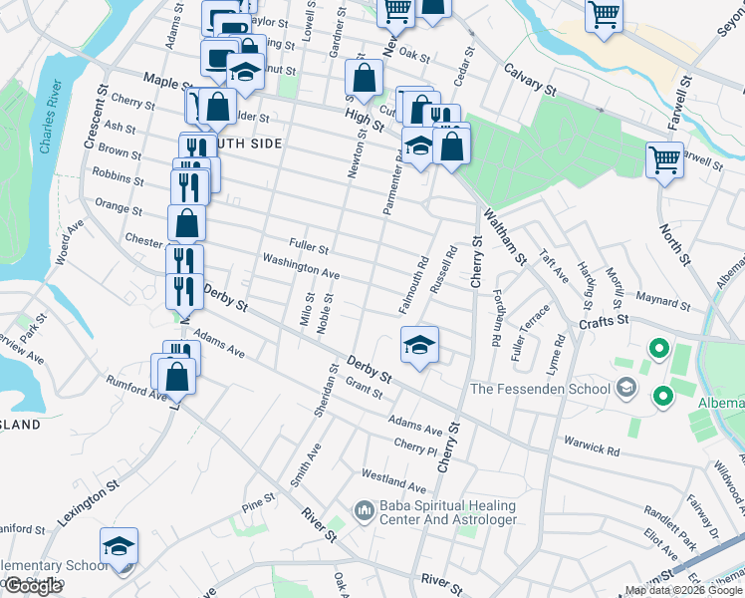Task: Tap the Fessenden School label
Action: [539, 389]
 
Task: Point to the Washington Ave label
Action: [301, 266]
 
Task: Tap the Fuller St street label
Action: [309, 244]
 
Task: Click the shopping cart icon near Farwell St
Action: [664, 159]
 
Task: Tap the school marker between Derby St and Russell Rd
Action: [420, 347]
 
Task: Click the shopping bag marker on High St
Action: [366, 78]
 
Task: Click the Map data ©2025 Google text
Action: [682, 590]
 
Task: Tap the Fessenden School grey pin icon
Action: [626, 388]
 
